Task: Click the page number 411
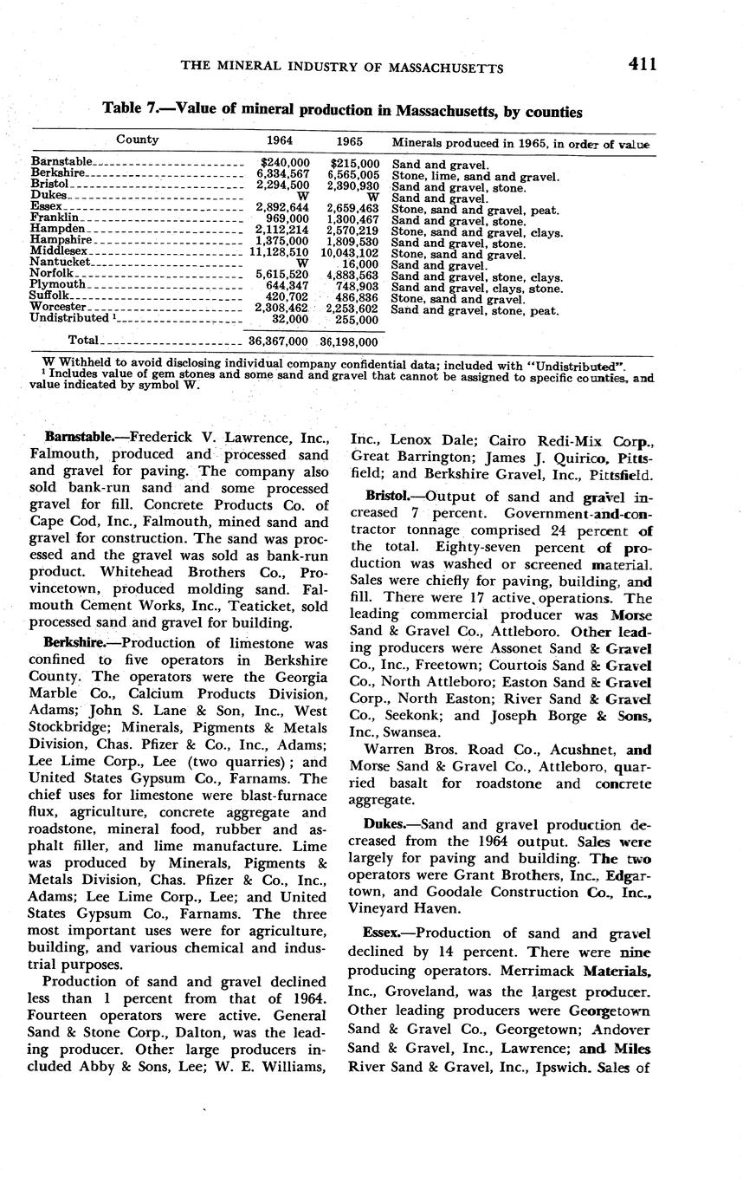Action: [643, 64]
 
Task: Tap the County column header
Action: [138, 140]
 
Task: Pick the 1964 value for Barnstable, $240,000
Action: [285, 162]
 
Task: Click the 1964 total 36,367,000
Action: [279, 342]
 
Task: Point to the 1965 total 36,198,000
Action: [350, 342]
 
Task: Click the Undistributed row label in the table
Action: [69, 318]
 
